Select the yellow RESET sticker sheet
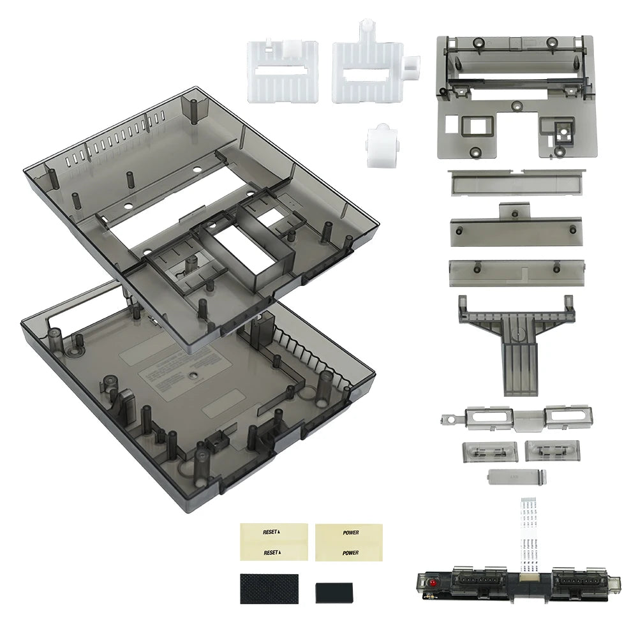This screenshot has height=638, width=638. point(274,542)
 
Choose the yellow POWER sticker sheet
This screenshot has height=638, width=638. point(349,542)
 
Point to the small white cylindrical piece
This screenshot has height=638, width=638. point(382,145)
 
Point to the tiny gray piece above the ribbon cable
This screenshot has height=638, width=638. point(515,477)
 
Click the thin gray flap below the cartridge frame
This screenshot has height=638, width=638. point(516,182)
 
